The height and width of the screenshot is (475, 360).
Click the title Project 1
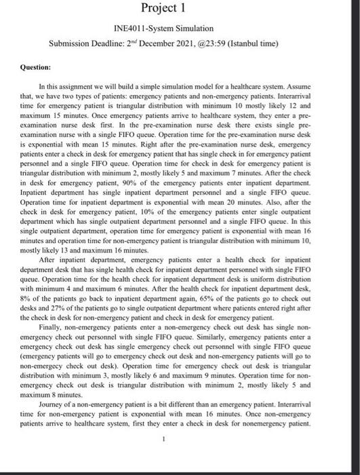coord(165,12)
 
